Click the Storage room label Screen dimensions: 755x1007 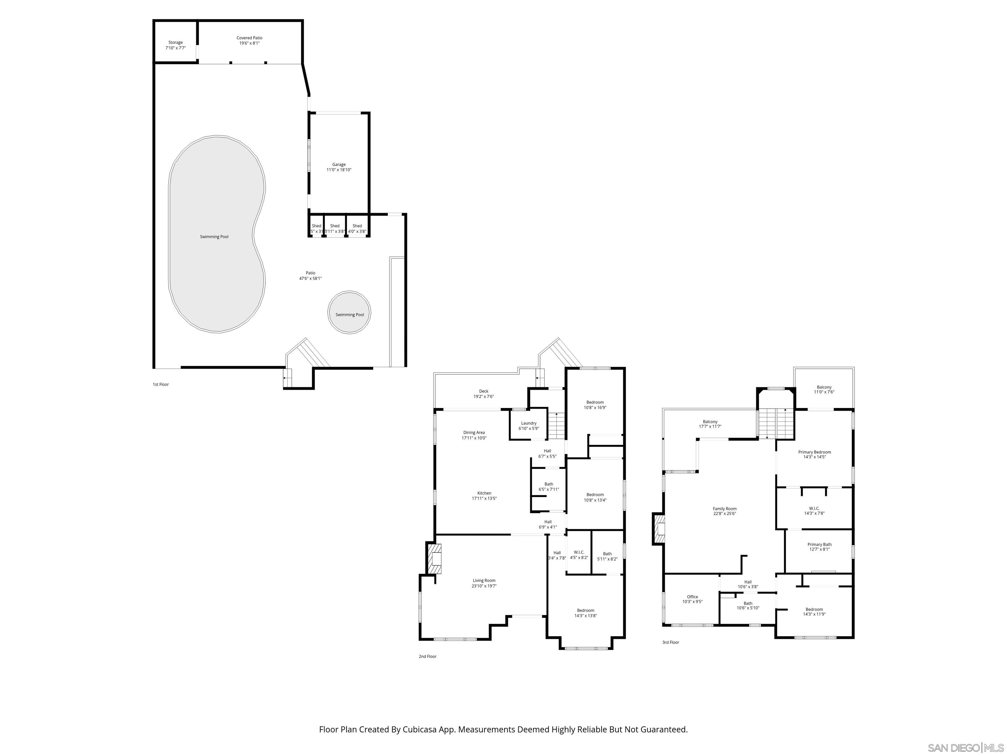point(175,42)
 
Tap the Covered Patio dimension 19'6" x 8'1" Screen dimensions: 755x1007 point(249,43)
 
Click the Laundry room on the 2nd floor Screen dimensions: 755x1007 point(528,426)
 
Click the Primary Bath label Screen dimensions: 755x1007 point(819,544)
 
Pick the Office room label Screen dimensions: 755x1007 point(692,597)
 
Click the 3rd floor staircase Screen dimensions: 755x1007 point(776,423)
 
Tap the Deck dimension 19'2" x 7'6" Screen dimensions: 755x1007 point(484,397)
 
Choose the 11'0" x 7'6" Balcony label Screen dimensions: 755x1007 point(824,390)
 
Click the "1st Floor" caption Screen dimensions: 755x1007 point(161,385)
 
